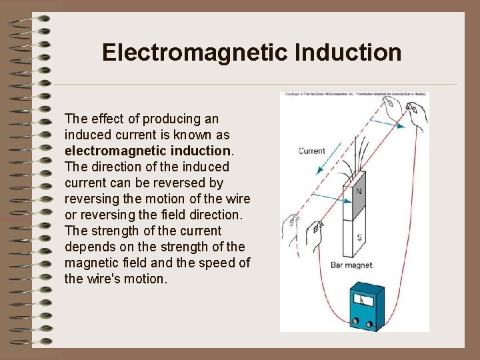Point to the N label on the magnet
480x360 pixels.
click(358, 191)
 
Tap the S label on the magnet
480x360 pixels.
click(359, 238)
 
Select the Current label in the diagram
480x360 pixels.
click(311, 151)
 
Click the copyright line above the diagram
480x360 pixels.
click(353, 95)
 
